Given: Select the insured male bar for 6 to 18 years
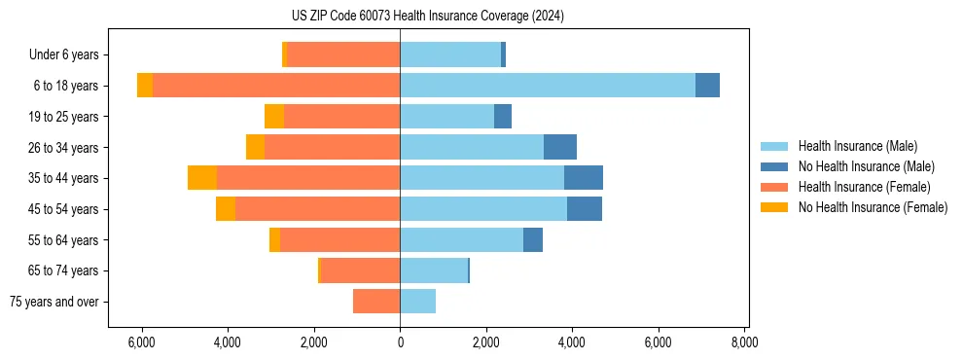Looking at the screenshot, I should click(x=548, y=86).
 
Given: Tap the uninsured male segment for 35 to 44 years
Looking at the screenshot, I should click(x=584, y=178).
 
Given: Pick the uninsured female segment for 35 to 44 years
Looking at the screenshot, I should click(x=202, y=178).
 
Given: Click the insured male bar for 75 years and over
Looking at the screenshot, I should click(x=417, y=302).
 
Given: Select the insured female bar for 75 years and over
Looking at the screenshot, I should click(x=376, y=302).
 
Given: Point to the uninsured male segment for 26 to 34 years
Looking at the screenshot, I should click(x=560, y=147).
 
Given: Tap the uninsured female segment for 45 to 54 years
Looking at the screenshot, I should click(x=226, y=209).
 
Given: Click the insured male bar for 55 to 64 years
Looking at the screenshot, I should click(x=461, y=239).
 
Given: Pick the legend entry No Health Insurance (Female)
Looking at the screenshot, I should click(x=873, y=207).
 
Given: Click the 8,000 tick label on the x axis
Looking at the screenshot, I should click(x=744, y=342).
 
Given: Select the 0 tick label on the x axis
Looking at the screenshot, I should click(x=400, y=342).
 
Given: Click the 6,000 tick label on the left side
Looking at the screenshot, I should click(x=142, y=342).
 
